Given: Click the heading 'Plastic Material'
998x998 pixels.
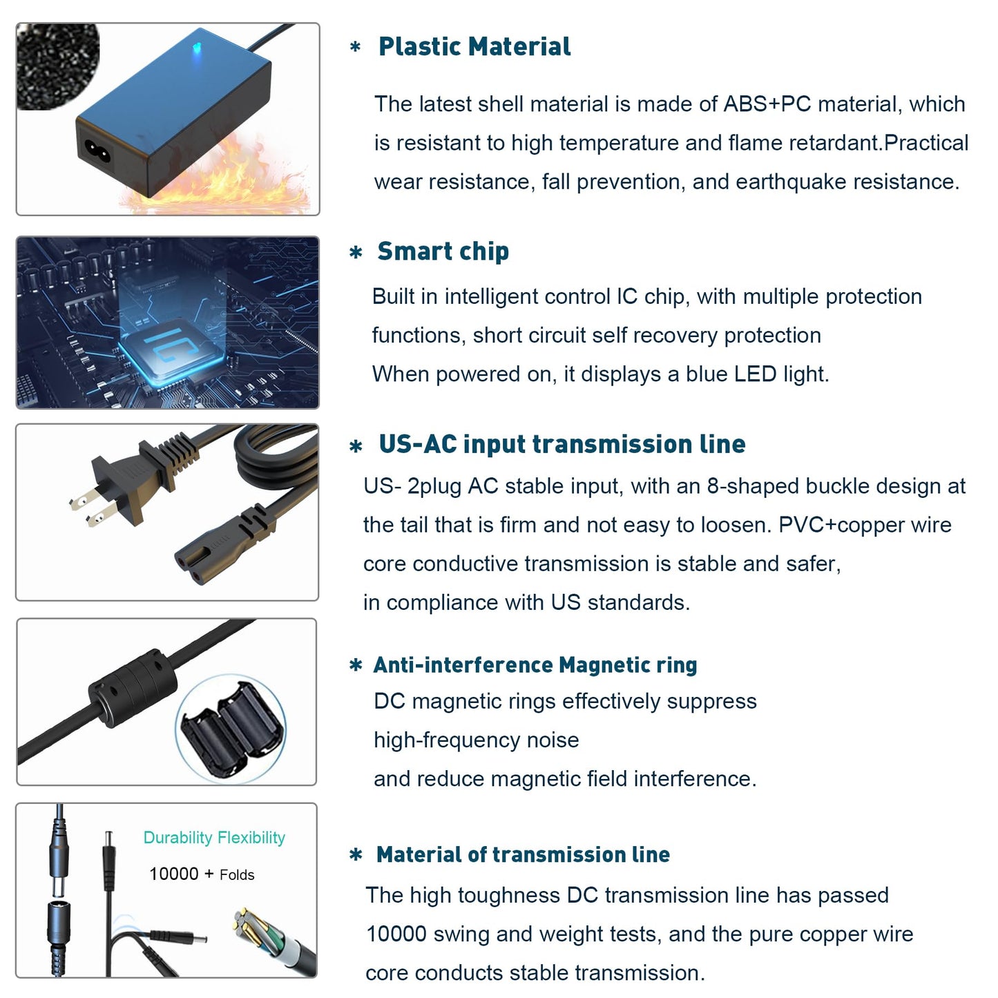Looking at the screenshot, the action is point(474,46).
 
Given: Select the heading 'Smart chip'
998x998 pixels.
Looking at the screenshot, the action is point(443,251).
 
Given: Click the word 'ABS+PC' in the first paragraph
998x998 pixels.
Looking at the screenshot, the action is point(767,104).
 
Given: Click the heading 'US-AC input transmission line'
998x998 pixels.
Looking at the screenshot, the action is point(562,444).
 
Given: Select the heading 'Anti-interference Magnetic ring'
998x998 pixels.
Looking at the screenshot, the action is point(535,665).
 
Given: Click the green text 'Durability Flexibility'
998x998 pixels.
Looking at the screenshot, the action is point(214,838).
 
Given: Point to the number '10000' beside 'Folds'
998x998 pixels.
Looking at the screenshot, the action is point(173,874).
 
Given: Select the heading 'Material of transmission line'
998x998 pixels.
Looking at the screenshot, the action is point(523,854).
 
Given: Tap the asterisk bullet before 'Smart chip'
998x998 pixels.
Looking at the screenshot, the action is point(356,253).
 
